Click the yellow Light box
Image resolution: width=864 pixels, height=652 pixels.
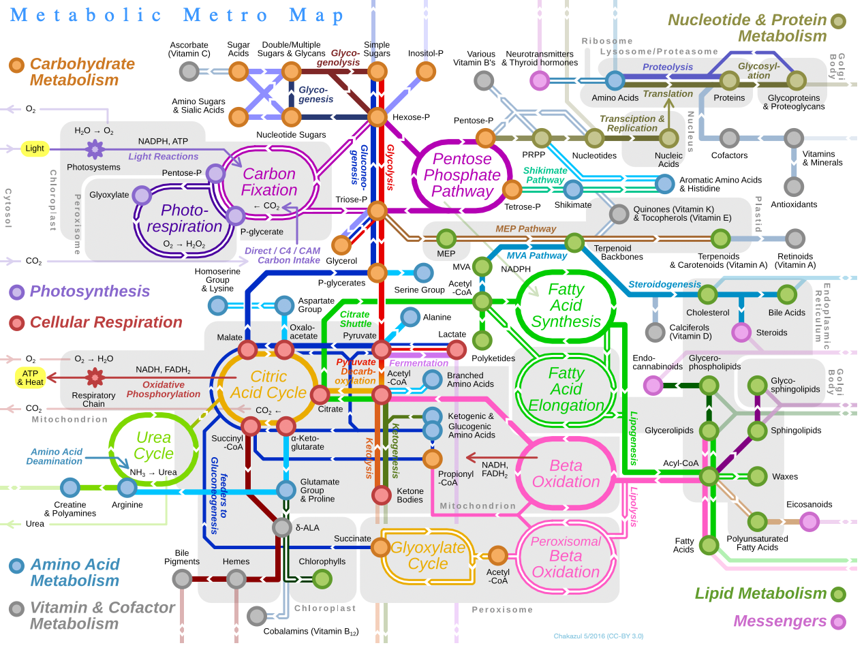[35, 149]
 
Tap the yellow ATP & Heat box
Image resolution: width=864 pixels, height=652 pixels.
[30, 377]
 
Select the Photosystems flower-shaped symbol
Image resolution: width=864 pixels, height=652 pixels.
[95, 149]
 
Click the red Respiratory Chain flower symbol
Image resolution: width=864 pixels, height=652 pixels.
[95, 377]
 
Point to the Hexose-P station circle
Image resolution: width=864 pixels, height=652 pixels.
[377, 117]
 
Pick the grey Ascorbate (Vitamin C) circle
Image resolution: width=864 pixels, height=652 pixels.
[189, 72]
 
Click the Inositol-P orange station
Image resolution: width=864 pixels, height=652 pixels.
[425, 72]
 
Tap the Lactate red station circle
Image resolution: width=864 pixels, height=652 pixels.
[457, 349]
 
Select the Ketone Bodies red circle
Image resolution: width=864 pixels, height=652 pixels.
[381, 495]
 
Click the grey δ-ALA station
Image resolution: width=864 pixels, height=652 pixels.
[282, 527]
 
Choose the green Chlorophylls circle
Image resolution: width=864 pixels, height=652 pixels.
[322, 579]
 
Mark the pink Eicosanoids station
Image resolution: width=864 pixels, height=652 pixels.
[809, 521]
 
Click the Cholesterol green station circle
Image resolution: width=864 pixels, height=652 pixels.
[707, 294]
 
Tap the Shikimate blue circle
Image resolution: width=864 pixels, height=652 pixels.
[573, 189]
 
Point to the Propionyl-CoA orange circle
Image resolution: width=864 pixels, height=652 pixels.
[432, 459]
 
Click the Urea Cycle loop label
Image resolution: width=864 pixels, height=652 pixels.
[153, 445]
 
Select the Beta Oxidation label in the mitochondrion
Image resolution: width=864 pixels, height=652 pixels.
[566, 474]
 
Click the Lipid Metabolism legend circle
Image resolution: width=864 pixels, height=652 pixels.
[838, 594]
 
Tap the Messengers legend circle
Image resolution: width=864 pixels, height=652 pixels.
[838, 622]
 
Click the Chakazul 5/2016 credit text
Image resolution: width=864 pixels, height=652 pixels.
[598, 636]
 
